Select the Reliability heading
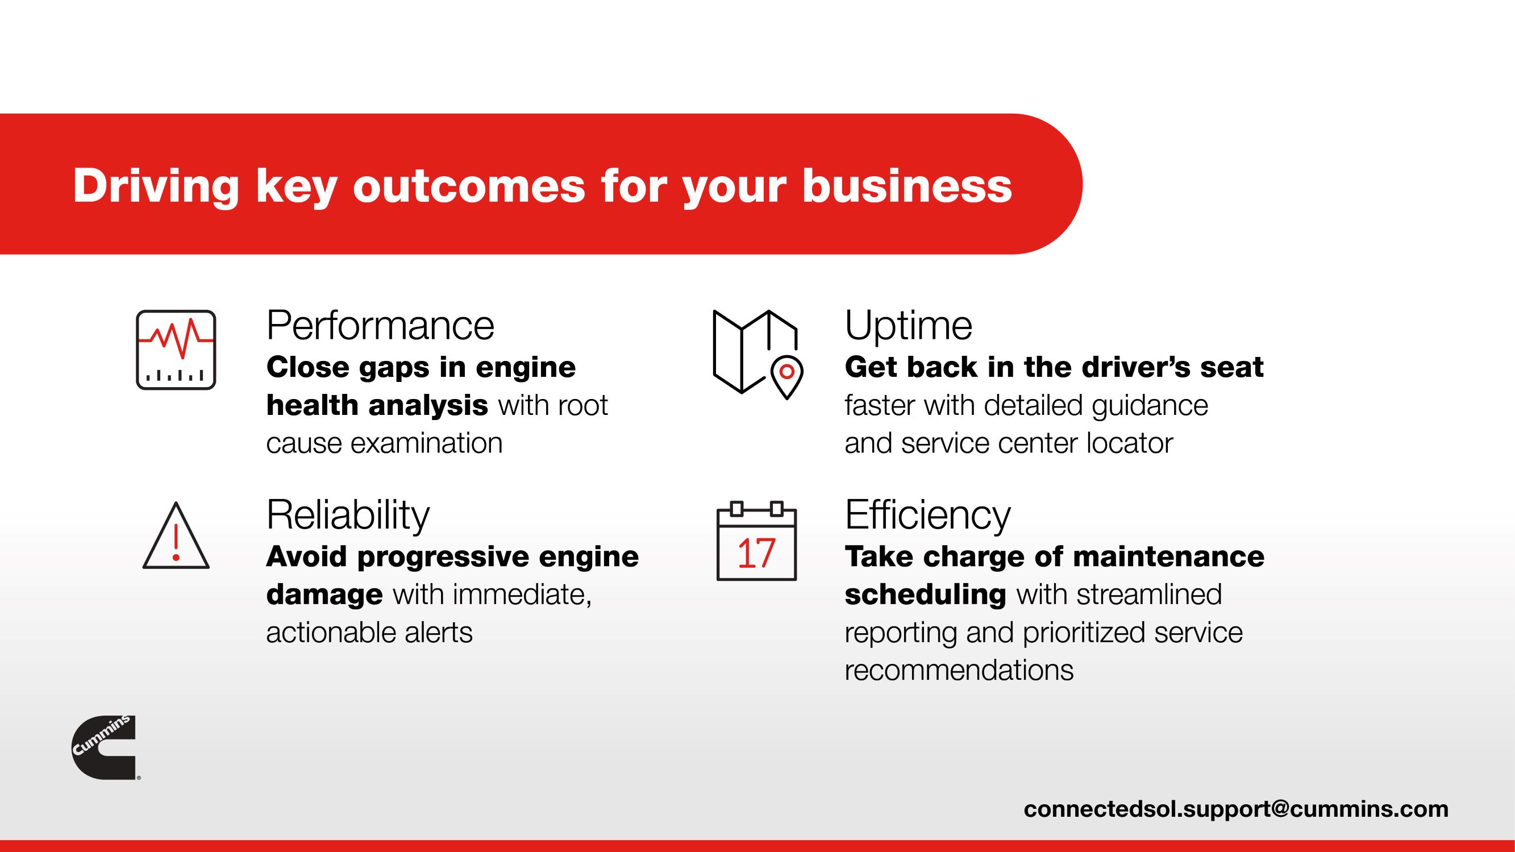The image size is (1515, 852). [348, 516]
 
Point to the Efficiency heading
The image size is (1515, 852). [927, 516]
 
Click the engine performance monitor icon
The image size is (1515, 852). [176, 350]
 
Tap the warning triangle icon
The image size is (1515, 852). [176, 535]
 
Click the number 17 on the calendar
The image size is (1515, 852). [756, 554]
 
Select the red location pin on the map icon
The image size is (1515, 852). [786, 377]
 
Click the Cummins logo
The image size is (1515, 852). [104, 747]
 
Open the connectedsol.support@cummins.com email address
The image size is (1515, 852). [1235, 809]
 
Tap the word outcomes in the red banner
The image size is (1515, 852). [469, 187]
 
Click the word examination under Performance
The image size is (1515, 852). [426, 443]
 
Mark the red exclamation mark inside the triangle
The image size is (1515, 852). [176, 541]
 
